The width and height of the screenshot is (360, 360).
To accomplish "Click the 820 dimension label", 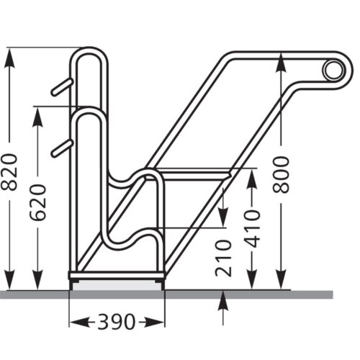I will coord(10,171).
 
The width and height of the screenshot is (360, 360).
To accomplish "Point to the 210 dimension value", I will coord(223,258).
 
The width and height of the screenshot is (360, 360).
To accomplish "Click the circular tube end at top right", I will coord(333,70).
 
